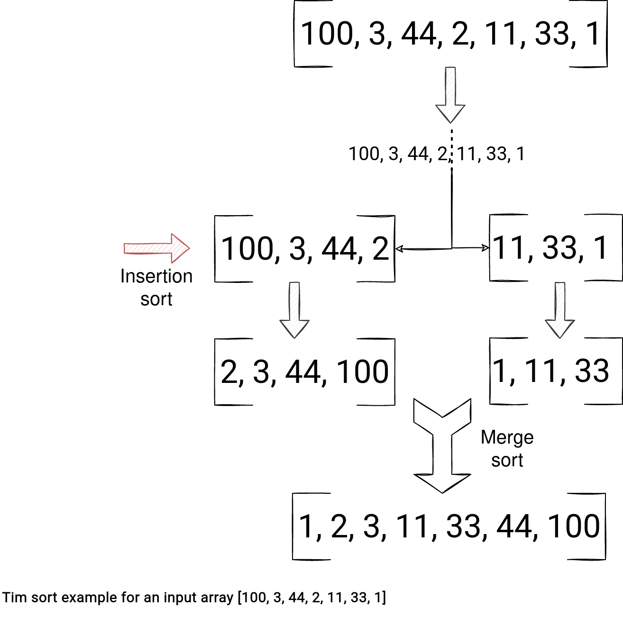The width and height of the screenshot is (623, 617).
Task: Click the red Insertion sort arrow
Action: coord(157,248)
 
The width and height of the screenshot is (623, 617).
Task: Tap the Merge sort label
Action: coord(507,448)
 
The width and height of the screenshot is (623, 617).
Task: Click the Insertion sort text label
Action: coord(156,287)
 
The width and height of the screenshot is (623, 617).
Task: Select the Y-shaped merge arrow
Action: coord(442,445)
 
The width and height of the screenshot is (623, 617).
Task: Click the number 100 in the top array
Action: coord(327,34)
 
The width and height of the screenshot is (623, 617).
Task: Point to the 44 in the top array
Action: coord(419,34)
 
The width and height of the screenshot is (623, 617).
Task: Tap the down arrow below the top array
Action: coord(450,95)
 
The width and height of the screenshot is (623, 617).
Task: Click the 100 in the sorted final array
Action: coord(574,526)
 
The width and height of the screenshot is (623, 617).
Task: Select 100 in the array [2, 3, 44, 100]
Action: coord(363,372)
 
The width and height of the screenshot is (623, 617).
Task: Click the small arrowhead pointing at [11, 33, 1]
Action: coord(485,247)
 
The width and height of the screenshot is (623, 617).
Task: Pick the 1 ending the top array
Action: coord(593,34)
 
